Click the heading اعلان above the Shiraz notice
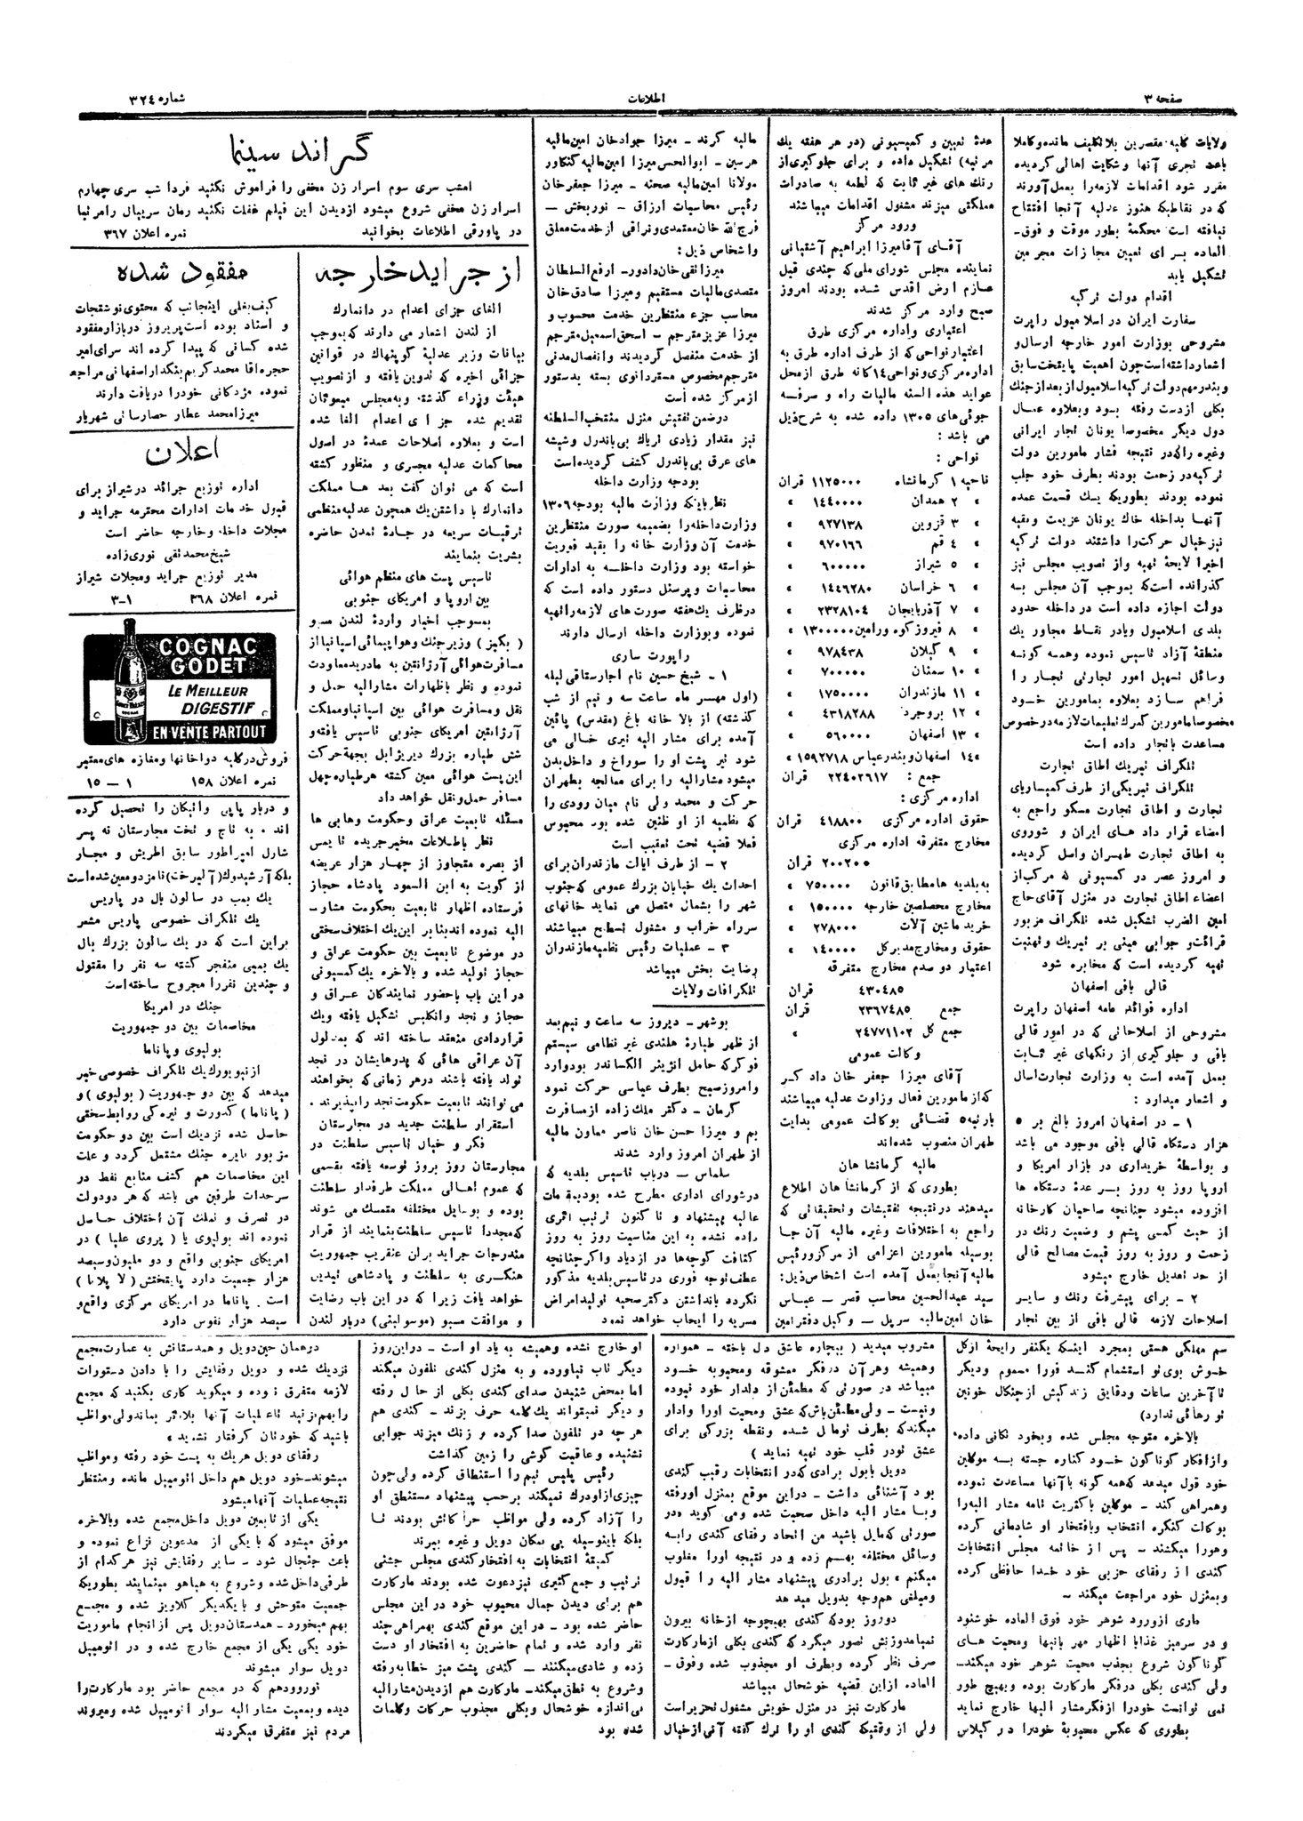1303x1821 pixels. pyautogui.click(x=182, y=455)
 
